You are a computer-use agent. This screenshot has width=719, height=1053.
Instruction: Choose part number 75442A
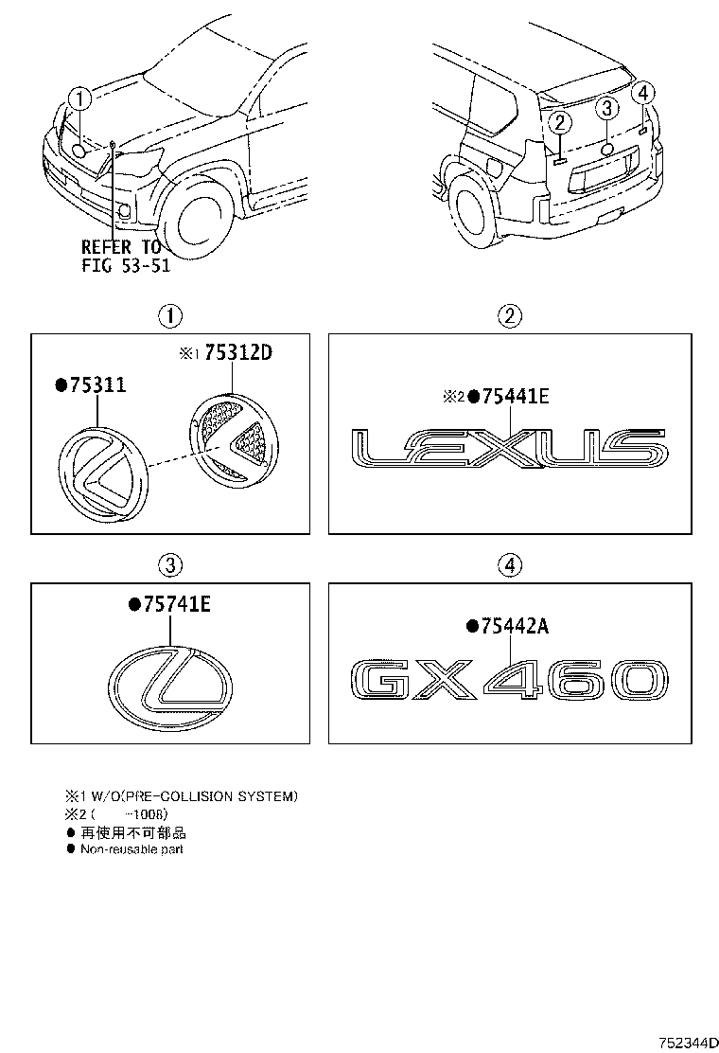click(x=514, y=625)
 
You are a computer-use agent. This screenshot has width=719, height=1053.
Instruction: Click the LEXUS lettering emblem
click(x=508, y=448)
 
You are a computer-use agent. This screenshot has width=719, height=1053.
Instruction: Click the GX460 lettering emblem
click(x=508, y=681)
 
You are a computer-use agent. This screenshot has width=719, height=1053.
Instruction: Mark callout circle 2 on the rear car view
click(x=560, y=121)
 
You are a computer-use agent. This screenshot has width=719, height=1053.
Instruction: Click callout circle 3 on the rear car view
click(x=608, y=108)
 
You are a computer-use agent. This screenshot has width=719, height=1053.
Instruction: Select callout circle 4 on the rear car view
click(x=643, y=93)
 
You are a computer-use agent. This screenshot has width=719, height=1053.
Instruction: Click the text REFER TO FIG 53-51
click(x=125, y=256)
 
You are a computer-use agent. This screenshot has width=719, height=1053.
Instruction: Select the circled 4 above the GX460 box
click(x=509, y=565)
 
